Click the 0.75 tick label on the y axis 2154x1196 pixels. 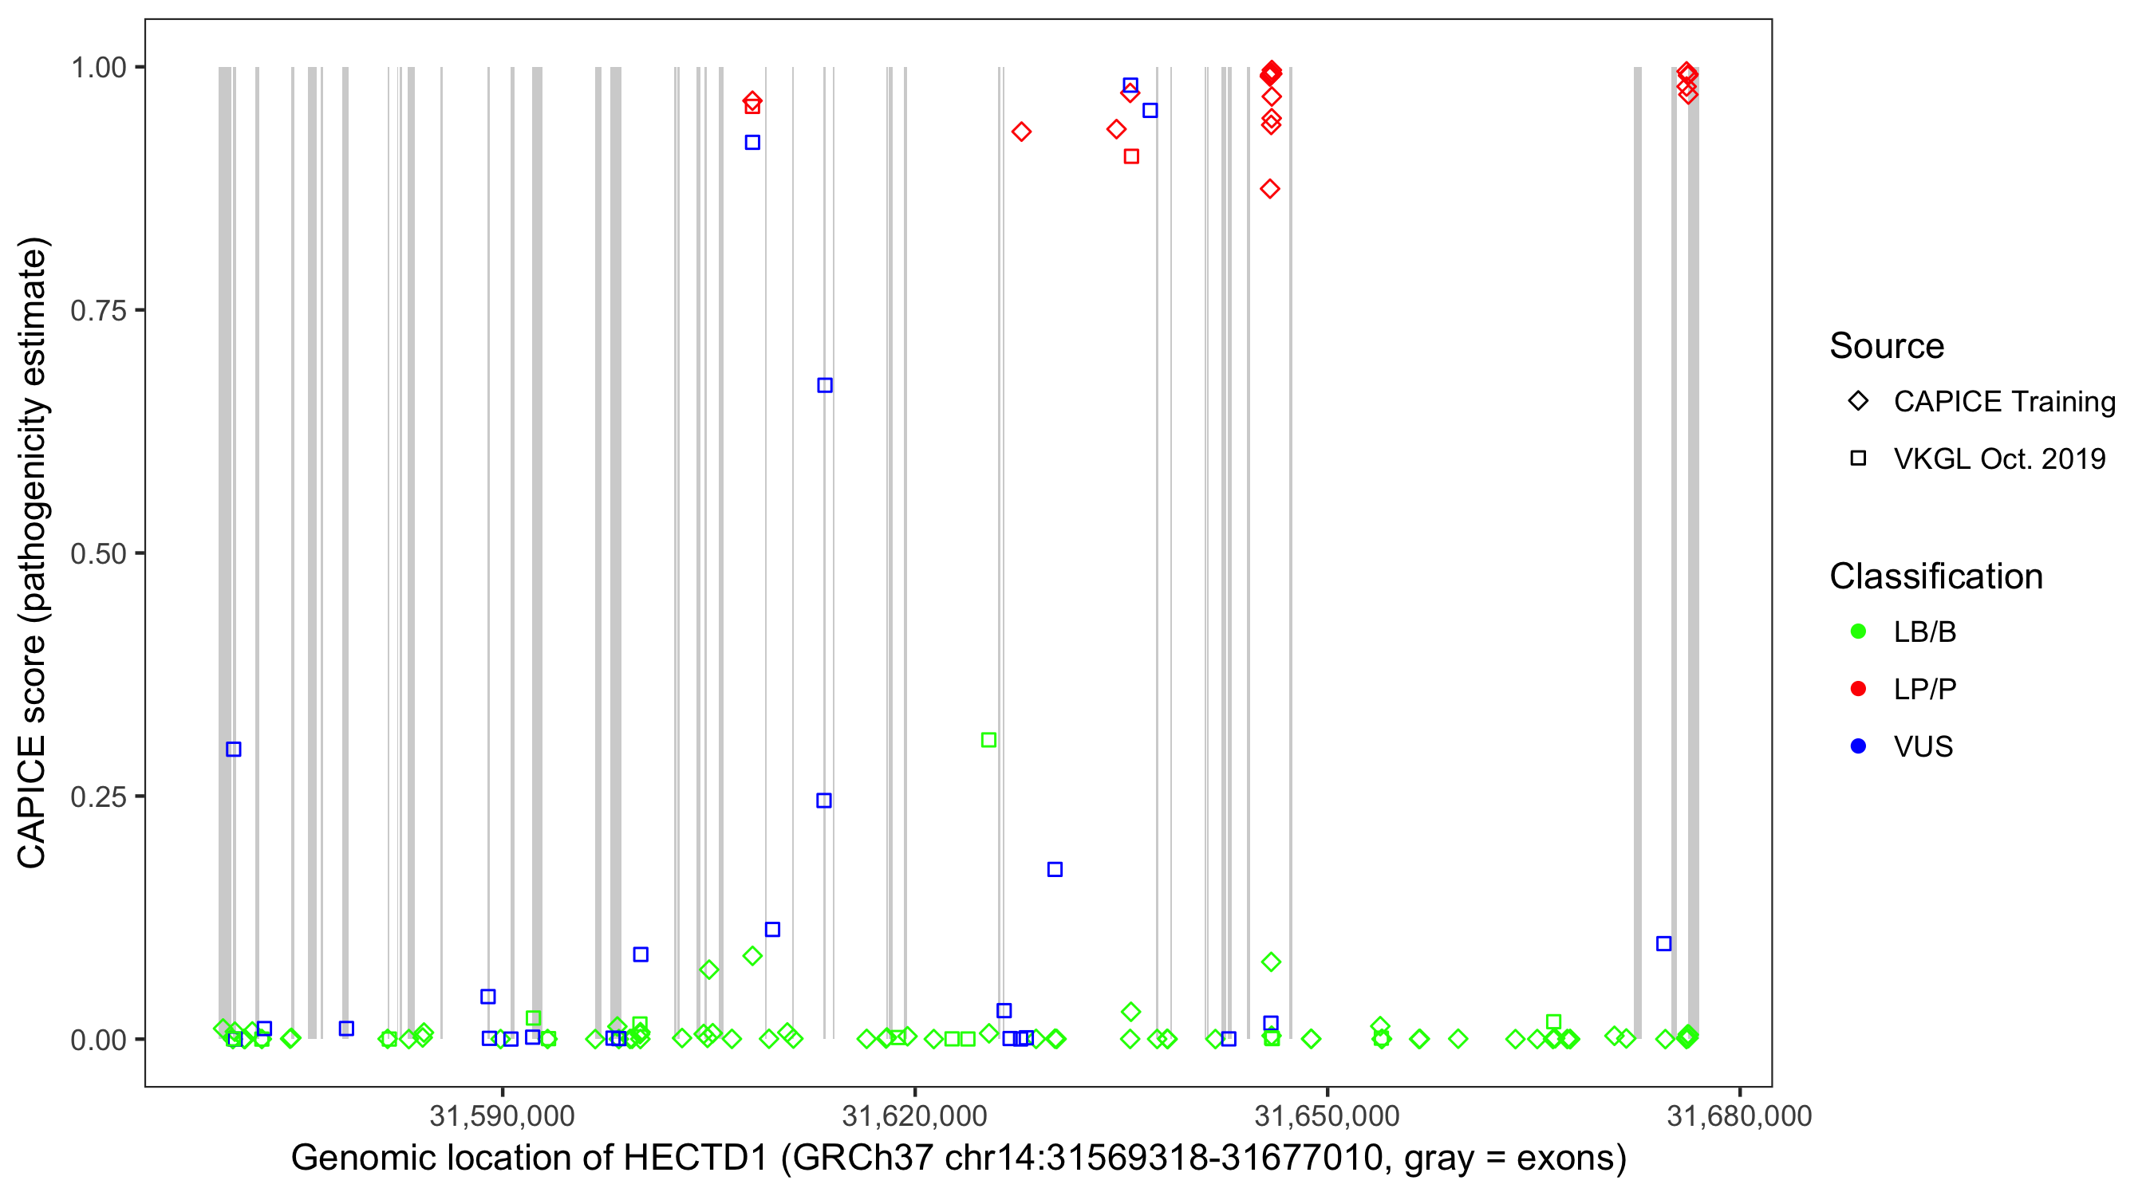pyautogui.click(x=97, y=310)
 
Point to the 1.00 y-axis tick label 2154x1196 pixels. pyautogui.click(x=97, y=67)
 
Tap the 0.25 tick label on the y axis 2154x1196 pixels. pyautogui.click(x=97, y=797)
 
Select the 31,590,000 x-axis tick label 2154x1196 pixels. pyautogui.click(x=502, y=1115)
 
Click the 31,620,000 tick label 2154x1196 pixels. pyautogui.click(x=915, y=1115)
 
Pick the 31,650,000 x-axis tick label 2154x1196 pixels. pyautogui.click(x=1327, y=1115)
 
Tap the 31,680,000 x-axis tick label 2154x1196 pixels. pyautogui.click(x=1739, y=1115)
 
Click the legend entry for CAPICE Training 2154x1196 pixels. pyautogui.click(x=2004, y=401)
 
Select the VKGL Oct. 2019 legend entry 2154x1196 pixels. pyautogui.click(x=1999, y=458)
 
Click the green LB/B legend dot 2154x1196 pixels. pyautogui.click(x=1858, y=631)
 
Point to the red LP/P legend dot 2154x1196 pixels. pyautogui.click(x=1858, y=689)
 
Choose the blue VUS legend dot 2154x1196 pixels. pyautogui.click(x=1858, y=746)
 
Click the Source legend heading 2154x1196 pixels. pyautogui.click(x=1887, y=346)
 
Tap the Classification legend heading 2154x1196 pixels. pyautogui.click(x=1935, y=576)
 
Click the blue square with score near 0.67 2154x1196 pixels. pyautogui.click(x=824, y=385)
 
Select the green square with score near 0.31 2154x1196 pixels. pyautogui.click(x=988, y=740)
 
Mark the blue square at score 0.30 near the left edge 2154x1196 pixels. pyautogui.click(x=233, y=749)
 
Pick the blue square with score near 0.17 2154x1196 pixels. pyautogui.click(x=1055, y=870)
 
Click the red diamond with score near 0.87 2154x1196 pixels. pyautogui.click(x=1269, y=189)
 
